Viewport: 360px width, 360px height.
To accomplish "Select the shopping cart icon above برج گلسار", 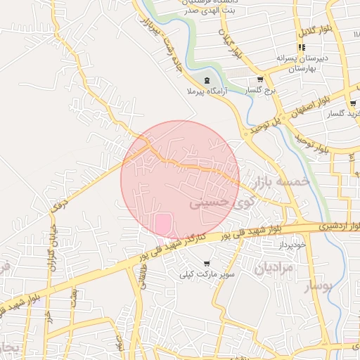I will (261, 79).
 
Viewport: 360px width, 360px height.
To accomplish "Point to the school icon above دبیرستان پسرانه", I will (302, 47).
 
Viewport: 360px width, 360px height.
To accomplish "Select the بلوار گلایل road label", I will (311, 32).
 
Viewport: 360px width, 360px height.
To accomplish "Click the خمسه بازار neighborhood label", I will (284, 181).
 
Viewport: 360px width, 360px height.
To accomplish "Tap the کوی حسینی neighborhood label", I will (219, 202).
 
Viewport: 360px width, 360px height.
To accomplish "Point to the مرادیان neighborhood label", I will (272, 268).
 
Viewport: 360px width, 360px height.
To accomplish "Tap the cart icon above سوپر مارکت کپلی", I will (206, 264).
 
